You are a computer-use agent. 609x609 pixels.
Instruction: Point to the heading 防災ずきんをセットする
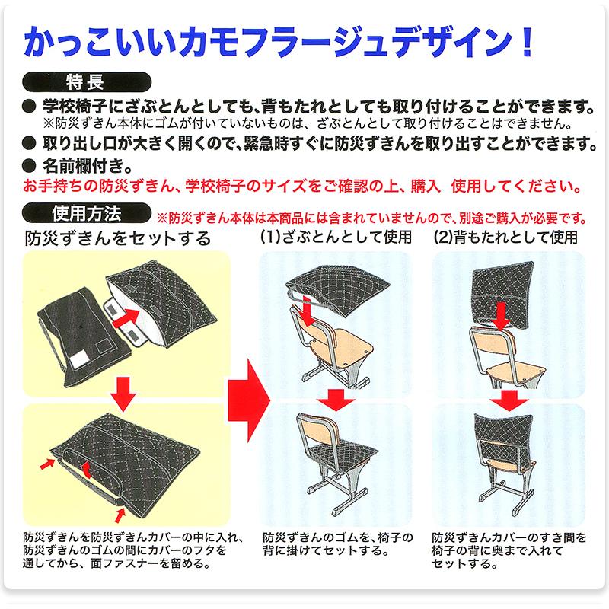(x=117, y=238)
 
